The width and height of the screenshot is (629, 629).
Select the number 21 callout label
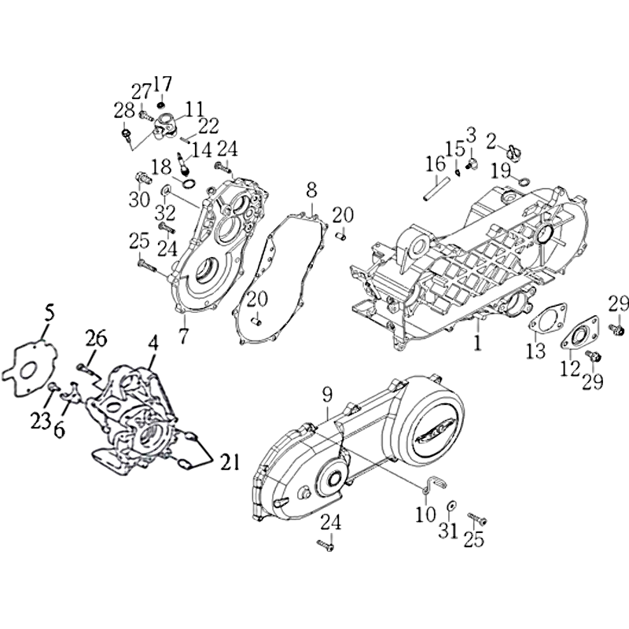[229, 462]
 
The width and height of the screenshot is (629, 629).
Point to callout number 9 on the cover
[327, 395]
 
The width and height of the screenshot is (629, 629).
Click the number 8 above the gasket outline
[312, 190]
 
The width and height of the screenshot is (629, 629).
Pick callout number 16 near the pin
[436, 164]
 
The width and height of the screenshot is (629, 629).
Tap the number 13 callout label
[536, 350]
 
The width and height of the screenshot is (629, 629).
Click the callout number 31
[447, 531]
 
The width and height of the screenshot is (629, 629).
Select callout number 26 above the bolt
[95, 339]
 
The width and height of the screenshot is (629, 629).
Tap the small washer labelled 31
[452, 505]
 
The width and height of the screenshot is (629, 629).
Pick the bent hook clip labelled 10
[430, 483]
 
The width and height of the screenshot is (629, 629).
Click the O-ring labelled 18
[189, 183]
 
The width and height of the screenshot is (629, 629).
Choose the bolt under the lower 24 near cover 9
[325, 545]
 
